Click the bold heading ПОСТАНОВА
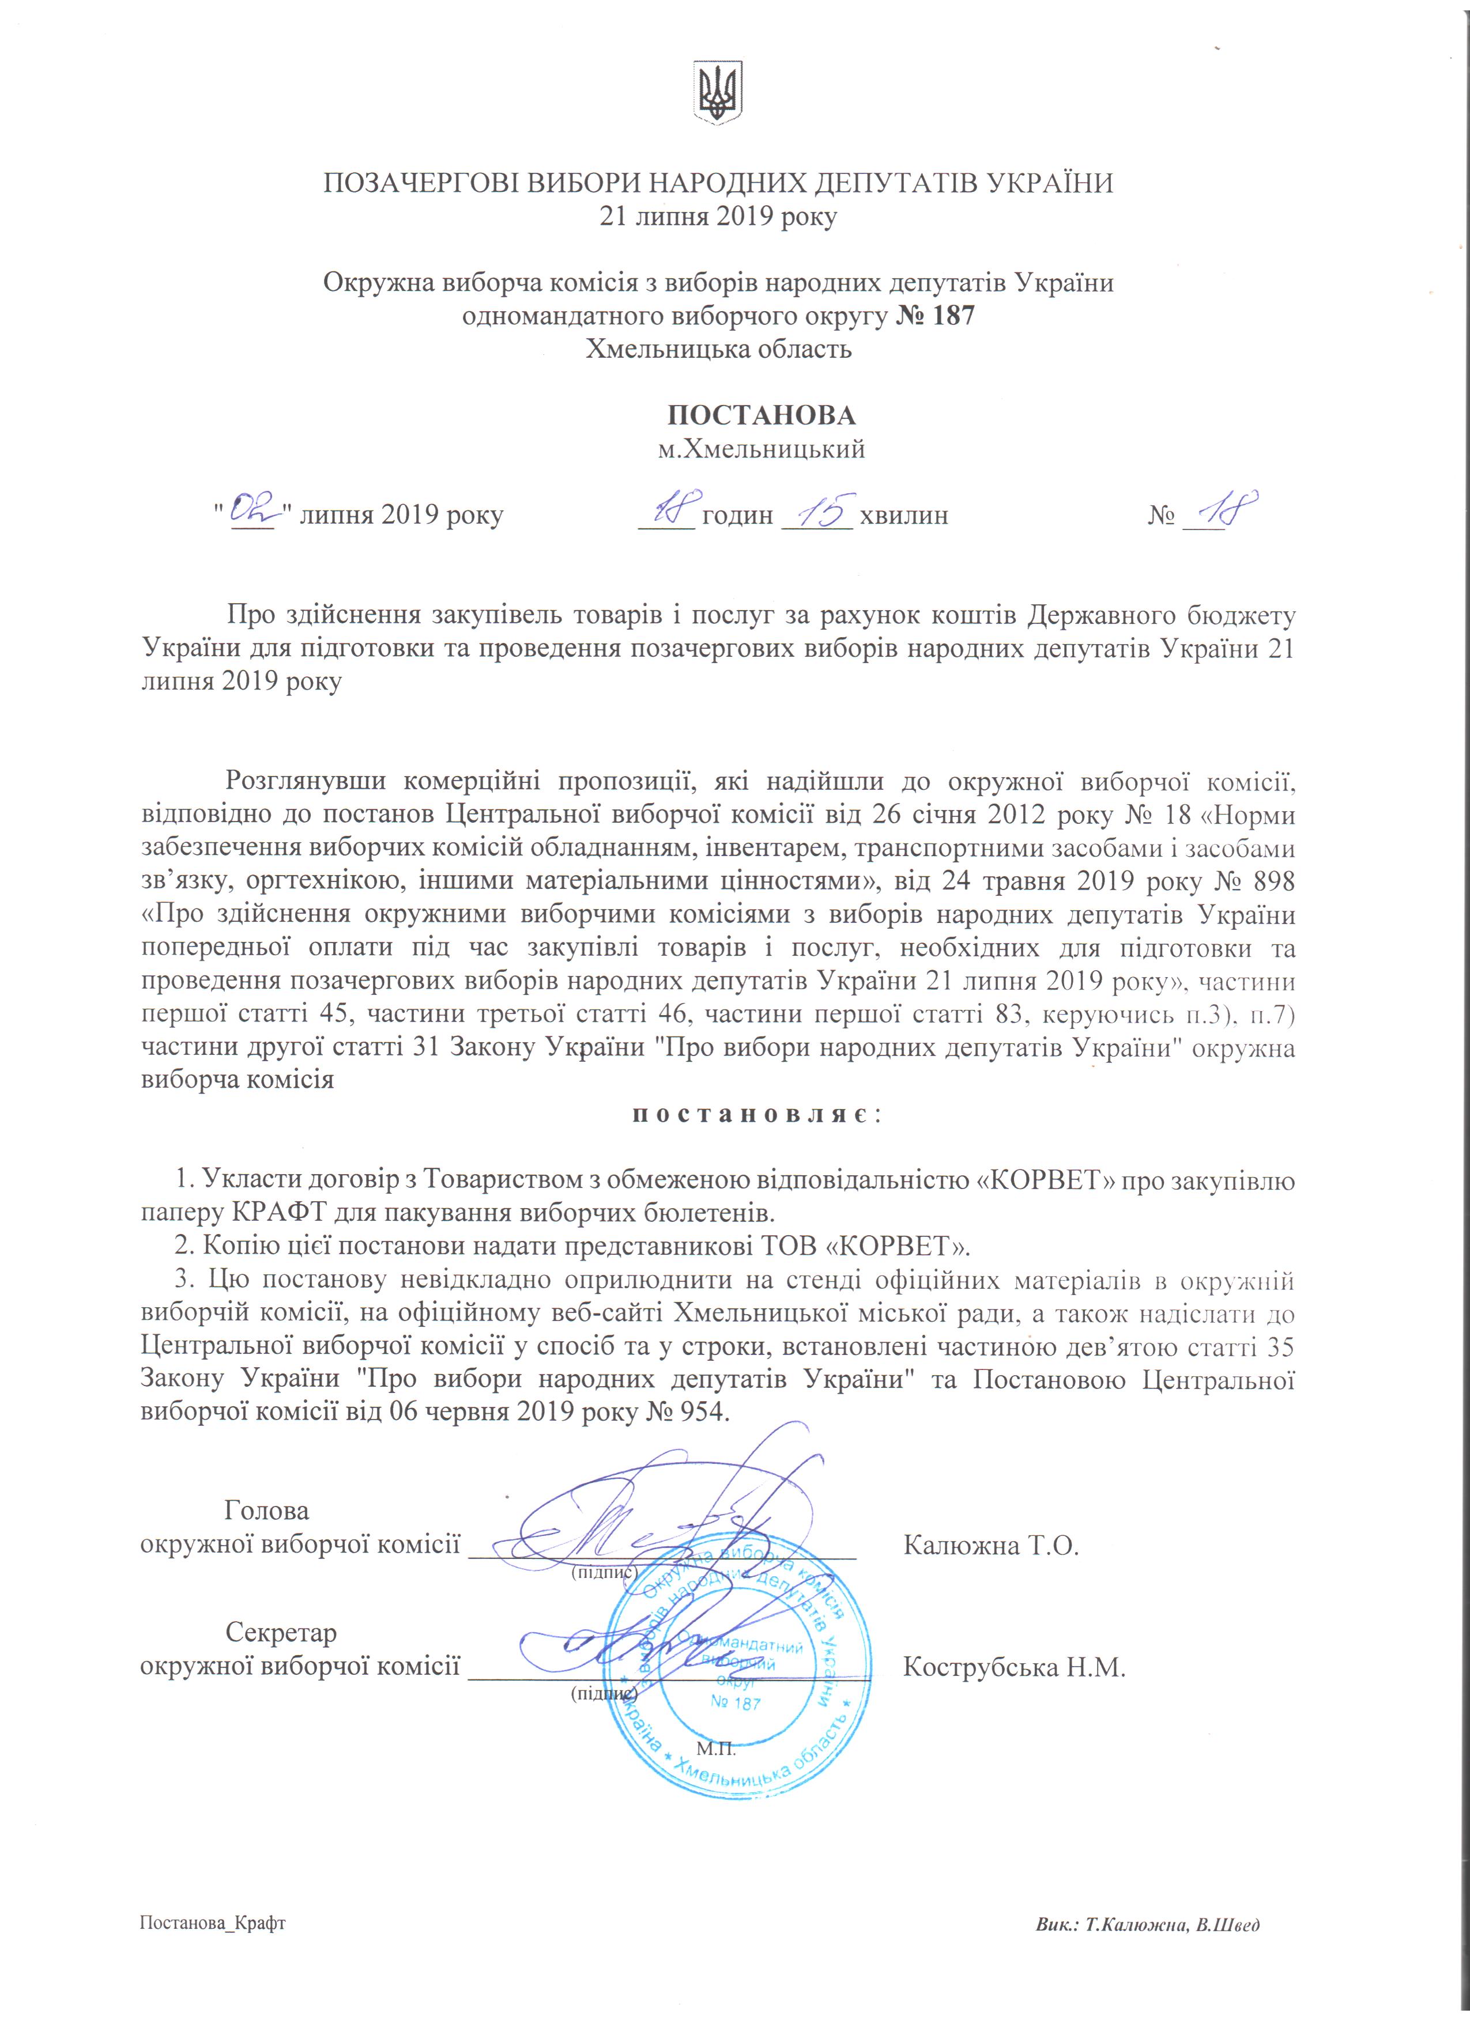pyautogui.click(x=762, y=415)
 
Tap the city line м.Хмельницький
pyautogui.click(x=762, y=449)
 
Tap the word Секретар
pyautogui.click(x=281, y=1633)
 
